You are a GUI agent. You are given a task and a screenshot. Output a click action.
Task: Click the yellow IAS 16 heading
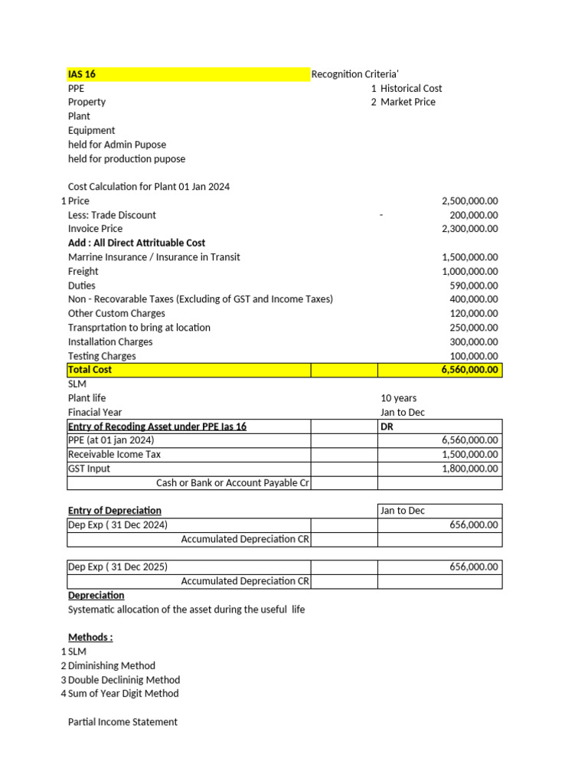tap(82, 74)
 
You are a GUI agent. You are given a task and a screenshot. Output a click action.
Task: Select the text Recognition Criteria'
tap(354, 74)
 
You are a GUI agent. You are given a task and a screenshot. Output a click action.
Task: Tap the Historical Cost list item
tap(410, 88)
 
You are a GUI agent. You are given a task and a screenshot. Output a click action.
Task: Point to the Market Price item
tap(407, 102)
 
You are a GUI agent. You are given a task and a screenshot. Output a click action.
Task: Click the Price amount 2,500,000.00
tap(469, 201)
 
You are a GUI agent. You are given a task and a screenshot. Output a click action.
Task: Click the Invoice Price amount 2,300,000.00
tap(469, 228)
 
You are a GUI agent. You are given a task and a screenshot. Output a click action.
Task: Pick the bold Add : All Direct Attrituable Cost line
tap(136, 243)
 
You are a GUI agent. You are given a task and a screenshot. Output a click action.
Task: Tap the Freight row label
tap(83, 271)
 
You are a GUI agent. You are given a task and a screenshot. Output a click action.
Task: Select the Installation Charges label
tap(110, 341)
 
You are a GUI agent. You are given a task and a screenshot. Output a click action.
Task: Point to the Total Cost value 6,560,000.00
tap(469, 370)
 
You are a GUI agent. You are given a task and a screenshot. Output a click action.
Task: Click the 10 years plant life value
tap(398, 398)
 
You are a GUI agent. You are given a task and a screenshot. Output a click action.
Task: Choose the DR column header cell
tap(387, 426)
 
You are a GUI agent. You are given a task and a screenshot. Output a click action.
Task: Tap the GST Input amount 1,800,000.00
tap(469, 469)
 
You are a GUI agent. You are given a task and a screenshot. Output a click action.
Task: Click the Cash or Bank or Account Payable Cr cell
tap(233, 482)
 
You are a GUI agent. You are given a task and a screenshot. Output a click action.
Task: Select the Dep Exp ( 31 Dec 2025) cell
tap(118, 567)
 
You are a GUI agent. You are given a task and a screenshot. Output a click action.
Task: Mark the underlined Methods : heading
tap(90, 637)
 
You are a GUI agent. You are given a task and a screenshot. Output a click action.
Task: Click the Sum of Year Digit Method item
tap(123, 694)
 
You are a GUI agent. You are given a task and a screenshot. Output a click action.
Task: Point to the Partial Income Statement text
tap(122, 722)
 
